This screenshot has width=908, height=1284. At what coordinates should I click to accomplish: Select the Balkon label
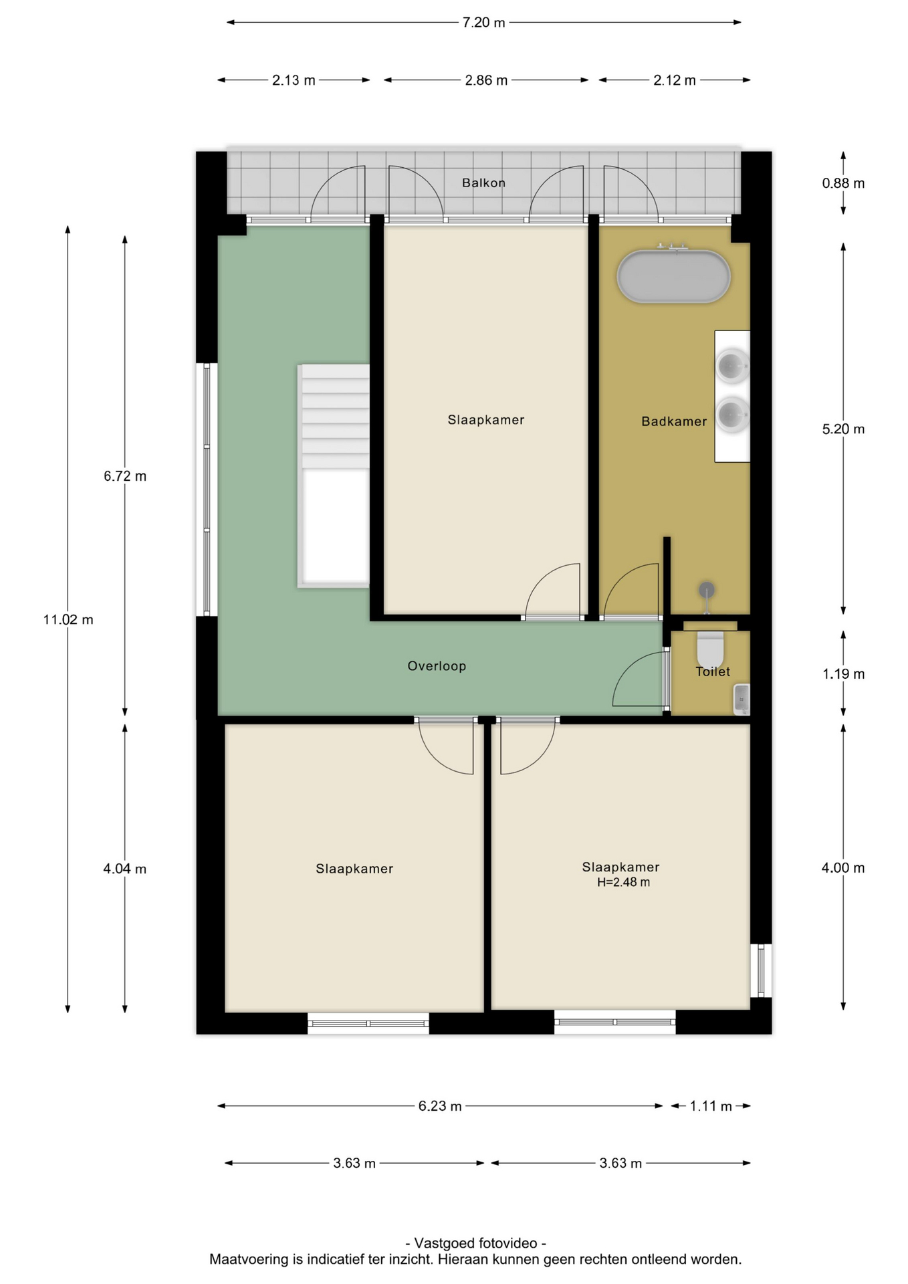pos(483,183)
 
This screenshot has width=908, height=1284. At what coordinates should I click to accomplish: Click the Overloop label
pos(437,666)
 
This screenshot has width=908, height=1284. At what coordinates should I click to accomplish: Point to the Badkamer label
pos(674,421)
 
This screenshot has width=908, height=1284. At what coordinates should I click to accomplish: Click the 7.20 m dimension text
pos(484,23)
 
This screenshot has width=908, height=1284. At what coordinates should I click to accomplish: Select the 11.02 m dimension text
pos(68,620)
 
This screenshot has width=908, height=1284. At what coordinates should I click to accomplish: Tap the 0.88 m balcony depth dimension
pos(843,183)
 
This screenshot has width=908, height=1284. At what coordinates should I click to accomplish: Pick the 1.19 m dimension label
pos(843,674)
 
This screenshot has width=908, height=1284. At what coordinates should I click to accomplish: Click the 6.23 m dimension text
pos(440,1106)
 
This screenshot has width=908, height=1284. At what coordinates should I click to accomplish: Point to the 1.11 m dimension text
pos(711,1106)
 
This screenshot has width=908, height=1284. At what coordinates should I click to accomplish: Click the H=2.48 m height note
pos(623,882)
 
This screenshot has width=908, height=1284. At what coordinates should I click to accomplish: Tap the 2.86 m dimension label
pos(486,80)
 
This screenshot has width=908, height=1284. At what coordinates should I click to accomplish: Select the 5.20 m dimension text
pos(843,429)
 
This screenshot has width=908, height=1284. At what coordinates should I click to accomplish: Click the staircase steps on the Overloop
pos(334,417)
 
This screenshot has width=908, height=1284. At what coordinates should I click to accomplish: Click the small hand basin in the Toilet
pos(742,699)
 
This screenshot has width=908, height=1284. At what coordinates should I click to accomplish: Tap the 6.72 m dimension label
pos(125,476)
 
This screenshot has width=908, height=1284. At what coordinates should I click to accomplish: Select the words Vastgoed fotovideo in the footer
pos(476,1243)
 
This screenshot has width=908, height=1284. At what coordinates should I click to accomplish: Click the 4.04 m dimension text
pos(125,869)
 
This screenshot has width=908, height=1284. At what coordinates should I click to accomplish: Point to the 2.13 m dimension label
pos(294,80)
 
